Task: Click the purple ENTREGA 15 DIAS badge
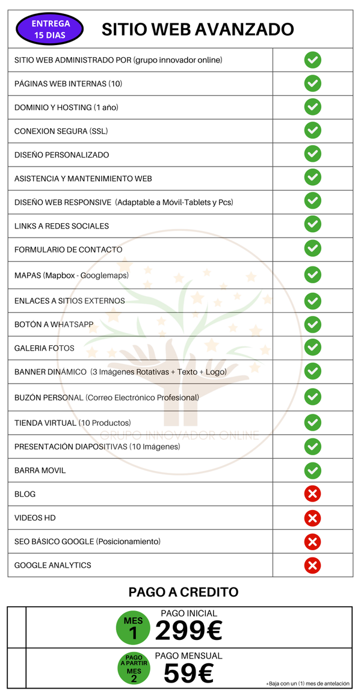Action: [51, 29]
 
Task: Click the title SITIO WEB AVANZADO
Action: [197, 29]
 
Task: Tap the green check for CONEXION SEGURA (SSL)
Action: [312, 131]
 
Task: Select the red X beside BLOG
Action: [312, 494]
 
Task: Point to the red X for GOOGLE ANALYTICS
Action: [312, 565]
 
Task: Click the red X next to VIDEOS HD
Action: [312, 518]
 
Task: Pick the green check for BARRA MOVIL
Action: [312, 470]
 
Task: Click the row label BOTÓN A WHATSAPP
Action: [54, 324]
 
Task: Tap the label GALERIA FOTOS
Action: [45, 348]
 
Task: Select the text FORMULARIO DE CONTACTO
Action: [68, 250]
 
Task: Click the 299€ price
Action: [189, 631]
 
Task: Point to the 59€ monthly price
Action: [188, 674]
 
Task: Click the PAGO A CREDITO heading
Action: [183, 592]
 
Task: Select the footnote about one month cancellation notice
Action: [307, 684]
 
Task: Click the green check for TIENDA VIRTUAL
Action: [312, 422]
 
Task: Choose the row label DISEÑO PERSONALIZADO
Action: [61, 155]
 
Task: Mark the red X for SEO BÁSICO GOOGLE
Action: [312, 541]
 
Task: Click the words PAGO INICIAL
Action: [189, 613]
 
